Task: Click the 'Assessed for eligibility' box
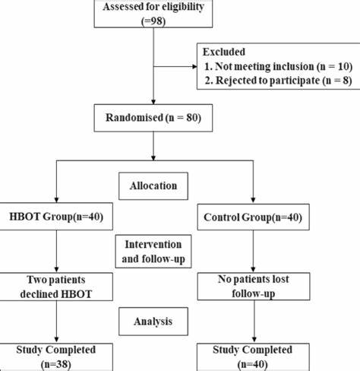tap(153, 13)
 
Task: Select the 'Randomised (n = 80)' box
tap(153, 118)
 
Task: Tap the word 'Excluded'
tap(224, 52)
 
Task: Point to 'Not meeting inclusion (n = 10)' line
tap(279, 66)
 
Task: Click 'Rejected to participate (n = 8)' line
tap(279, 81)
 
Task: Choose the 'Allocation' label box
tap(153, 186)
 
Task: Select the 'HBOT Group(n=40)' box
tap(56, 217)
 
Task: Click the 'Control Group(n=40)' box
tap(253, 217)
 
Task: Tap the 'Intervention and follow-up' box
tap(153, 252)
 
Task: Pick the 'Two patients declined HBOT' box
tap(56, 287)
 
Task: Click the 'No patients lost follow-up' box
tap(254, 287)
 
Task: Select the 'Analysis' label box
tap(153, 322)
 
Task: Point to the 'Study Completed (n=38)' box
tap(56, 357)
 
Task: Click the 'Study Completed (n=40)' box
tap(253, 357)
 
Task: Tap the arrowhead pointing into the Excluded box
tap(194, 67)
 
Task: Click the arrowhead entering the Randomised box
tap(153, 102)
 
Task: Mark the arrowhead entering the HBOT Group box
tap(56, 200)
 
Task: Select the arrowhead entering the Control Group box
tap(253, 201)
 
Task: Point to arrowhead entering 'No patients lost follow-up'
tap(253, 270)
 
